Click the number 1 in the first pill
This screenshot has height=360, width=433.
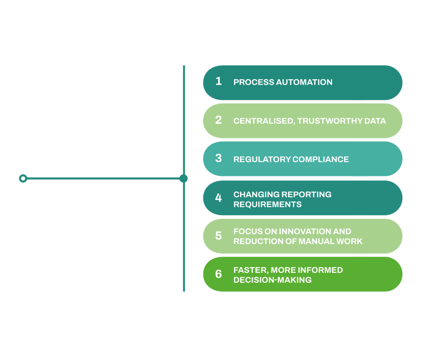tap(219, 81)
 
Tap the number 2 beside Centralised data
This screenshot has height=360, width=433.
tap(219, 120)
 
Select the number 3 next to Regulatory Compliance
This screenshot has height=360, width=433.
tap(219, 158)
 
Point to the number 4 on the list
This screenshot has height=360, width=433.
tap(219, 198)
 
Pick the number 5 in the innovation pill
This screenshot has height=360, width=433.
tap(219, 235)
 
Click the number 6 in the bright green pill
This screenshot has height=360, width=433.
tap(219, 274)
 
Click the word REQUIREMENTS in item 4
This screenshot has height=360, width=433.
tap(267, 204)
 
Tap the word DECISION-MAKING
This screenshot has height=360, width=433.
tap(272, 280)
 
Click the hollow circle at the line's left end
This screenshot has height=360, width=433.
tap(23, 178)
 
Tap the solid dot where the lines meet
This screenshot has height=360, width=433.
tap(184, 178)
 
